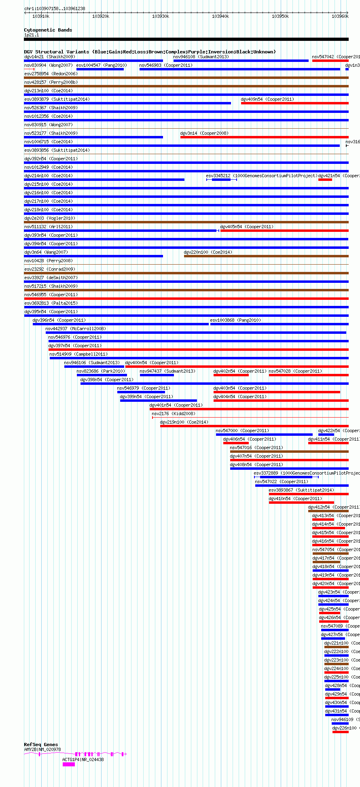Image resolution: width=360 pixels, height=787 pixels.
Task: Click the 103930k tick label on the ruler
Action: [x=161, y=16]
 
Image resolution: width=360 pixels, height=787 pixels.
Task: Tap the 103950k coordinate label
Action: [x=280, y=16]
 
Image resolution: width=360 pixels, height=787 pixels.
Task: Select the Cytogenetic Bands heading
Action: [x=48, y=30]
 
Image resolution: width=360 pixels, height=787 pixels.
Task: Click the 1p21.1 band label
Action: [x=32, y=35]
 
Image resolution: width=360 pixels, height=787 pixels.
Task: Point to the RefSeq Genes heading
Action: [x=41, y=745]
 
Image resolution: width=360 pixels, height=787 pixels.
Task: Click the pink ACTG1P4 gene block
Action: [x=68, y=764]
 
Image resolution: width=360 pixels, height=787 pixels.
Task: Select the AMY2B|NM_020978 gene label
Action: [x=42, y=749]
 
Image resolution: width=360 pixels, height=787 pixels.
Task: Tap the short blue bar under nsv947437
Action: [x=157, y=375]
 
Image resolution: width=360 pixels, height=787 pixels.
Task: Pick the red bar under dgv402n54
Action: [x=231, y=375]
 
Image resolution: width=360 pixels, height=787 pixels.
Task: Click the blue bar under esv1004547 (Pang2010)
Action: [x=100, y=69]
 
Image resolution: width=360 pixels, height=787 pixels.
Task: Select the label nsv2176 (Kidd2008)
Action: [x=174, y=414]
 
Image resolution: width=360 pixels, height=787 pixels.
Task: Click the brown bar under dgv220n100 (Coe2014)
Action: [x=266, y=256]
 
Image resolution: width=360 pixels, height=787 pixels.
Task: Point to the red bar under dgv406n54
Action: [x=236, y=443]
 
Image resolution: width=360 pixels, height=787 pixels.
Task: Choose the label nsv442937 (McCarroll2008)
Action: [x=76, y=329]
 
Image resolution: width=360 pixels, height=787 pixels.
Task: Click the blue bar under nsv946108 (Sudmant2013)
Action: [x=241, y=61]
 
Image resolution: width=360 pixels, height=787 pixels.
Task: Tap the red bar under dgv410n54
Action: [x=301, y=503]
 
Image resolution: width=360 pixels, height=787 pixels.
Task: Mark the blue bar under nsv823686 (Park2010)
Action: [x=102, y=375]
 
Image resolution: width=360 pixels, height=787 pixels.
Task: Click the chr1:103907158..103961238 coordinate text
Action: [x=55, y=8]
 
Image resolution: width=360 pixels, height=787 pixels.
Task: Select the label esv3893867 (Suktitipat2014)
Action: [x=301, y=490]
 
